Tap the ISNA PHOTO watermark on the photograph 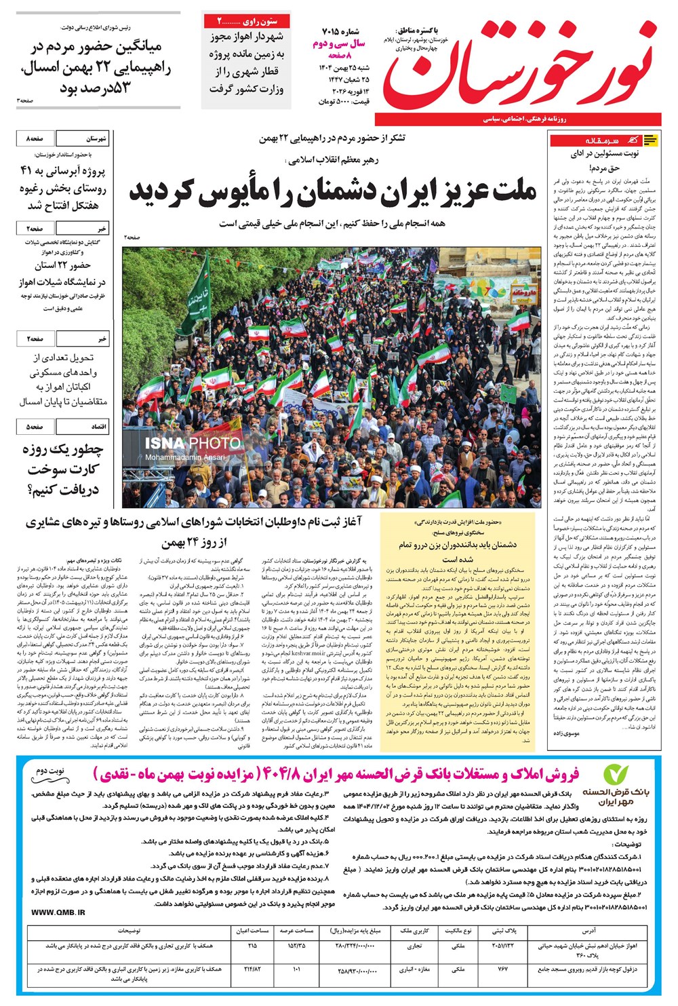193,443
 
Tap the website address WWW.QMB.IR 58,912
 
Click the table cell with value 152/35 296,945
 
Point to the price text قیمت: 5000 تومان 342,101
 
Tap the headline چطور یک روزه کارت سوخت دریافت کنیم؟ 63,469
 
